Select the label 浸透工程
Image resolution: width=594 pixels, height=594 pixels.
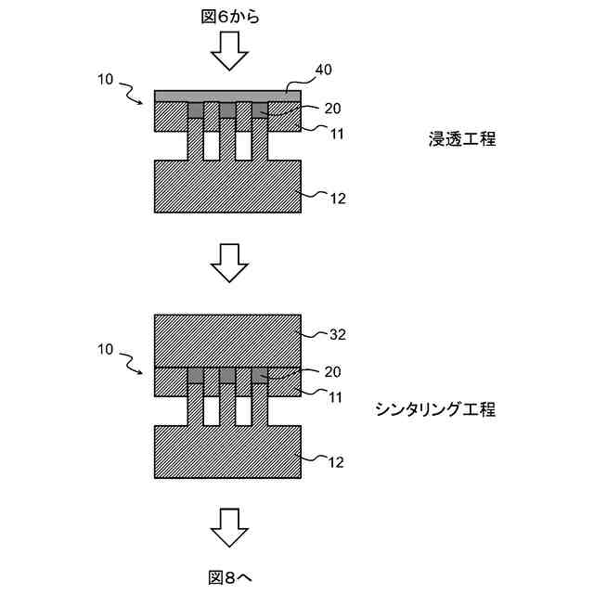click(x=462, y=139)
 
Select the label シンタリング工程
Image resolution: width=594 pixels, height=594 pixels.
click(x=435, y=408)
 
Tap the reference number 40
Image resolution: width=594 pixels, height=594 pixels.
click(x=324, y=70)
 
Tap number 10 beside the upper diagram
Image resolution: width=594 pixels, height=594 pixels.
click(x=106, y=80)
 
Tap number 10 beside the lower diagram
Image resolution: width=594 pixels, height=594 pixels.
click(x=106, y=351)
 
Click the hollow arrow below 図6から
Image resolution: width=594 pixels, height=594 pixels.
click(x=228, y=52)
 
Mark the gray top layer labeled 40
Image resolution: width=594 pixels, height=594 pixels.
click(x=226, y=96)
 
